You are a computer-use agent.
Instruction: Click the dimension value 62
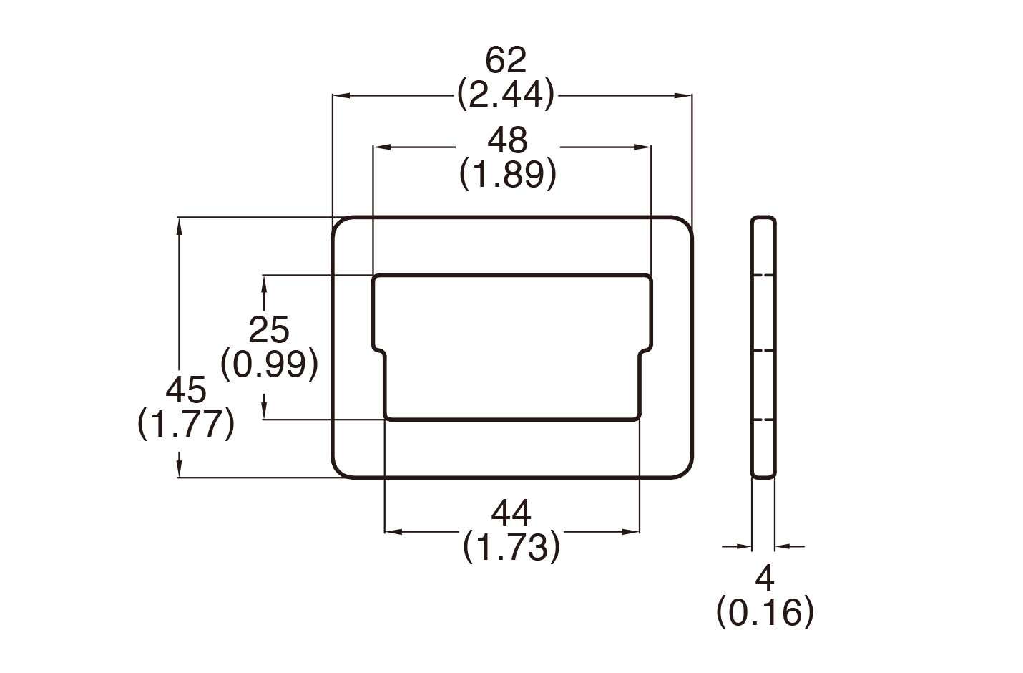point(506,60)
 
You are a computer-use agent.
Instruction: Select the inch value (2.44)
point(506,94)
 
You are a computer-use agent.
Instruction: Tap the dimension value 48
point(507,140)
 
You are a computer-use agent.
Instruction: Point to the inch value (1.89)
point(507,174)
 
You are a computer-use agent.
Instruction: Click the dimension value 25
point(269,330)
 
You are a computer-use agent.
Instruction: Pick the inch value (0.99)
point(269,364)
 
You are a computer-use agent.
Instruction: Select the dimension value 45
point(186,390)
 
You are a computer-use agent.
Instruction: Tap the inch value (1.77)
point(186,424)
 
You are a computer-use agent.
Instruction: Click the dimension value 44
point(511,513)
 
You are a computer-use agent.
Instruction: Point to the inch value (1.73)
point(511,547)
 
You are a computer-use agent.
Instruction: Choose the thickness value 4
point(765,577)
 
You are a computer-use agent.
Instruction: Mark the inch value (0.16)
point(765,611)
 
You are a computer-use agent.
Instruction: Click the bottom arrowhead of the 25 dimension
point(264,411)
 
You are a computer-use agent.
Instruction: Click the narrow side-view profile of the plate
point(763,347)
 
